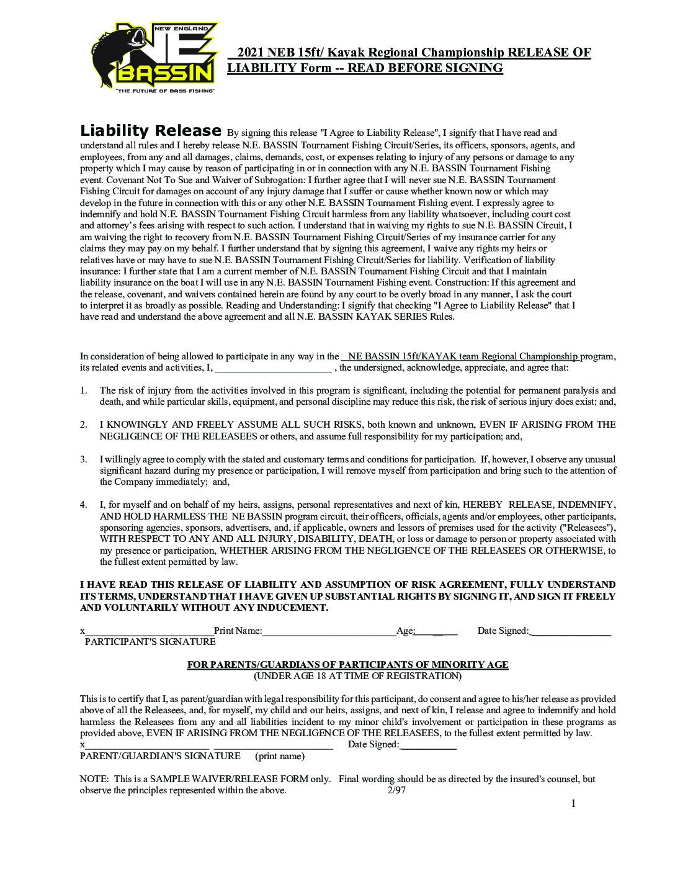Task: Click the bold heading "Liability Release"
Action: point(150,131)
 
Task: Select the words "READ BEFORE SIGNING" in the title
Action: point(425,68)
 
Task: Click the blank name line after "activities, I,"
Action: point(272,368)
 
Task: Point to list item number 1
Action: point(83,390)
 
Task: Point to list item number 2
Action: point(83,425)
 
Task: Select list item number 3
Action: point(83,459)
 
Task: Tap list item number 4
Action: point(83,505)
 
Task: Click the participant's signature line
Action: point(149,631)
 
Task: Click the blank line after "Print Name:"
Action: point(329,631)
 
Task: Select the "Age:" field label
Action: point(405,631)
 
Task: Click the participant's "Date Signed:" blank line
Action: point(571,631)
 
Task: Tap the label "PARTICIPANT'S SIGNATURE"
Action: point(150,642)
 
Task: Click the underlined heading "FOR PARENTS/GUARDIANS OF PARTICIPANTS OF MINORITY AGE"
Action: point(348,665)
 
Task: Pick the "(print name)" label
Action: point(280,756)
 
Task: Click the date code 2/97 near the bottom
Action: point(396,791)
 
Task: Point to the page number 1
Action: point(573,804)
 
